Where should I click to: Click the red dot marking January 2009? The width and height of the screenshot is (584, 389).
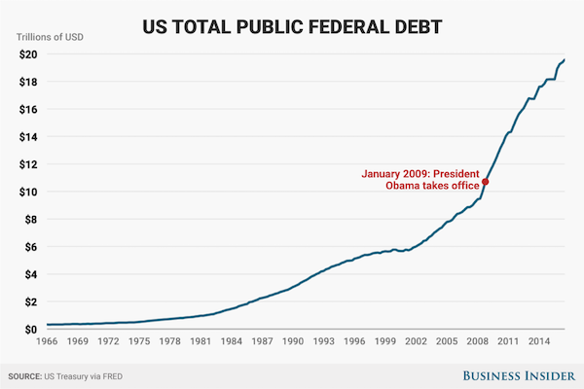coord(485,182)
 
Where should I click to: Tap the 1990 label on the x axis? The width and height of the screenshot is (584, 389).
coord(294,342)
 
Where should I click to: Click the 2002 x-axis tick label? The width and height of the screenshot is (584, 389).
coord(416,342)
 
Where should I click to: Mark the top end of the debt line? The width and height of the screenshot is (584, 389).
coord(565,60)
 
